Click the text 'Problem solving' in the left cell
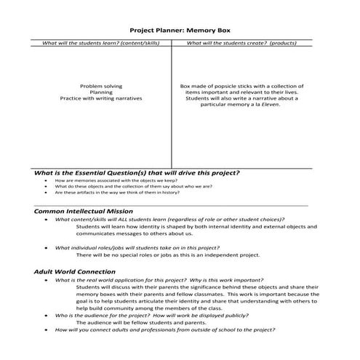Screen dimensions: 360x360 point(100,86)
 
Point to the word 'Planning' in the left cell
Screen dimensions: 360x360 point(100,92)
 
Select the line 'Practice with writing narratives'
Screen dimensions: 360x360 point(100,98)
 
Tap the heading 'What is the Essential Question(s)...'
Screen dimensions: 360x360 point(136,173)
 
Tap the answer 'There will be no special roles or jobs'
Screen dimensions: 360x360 point(167,255)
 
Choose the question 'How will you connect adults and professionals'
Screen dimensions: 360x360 point(165,329)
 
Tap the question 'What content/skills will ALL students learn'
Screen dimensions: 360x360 point(169,219)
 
